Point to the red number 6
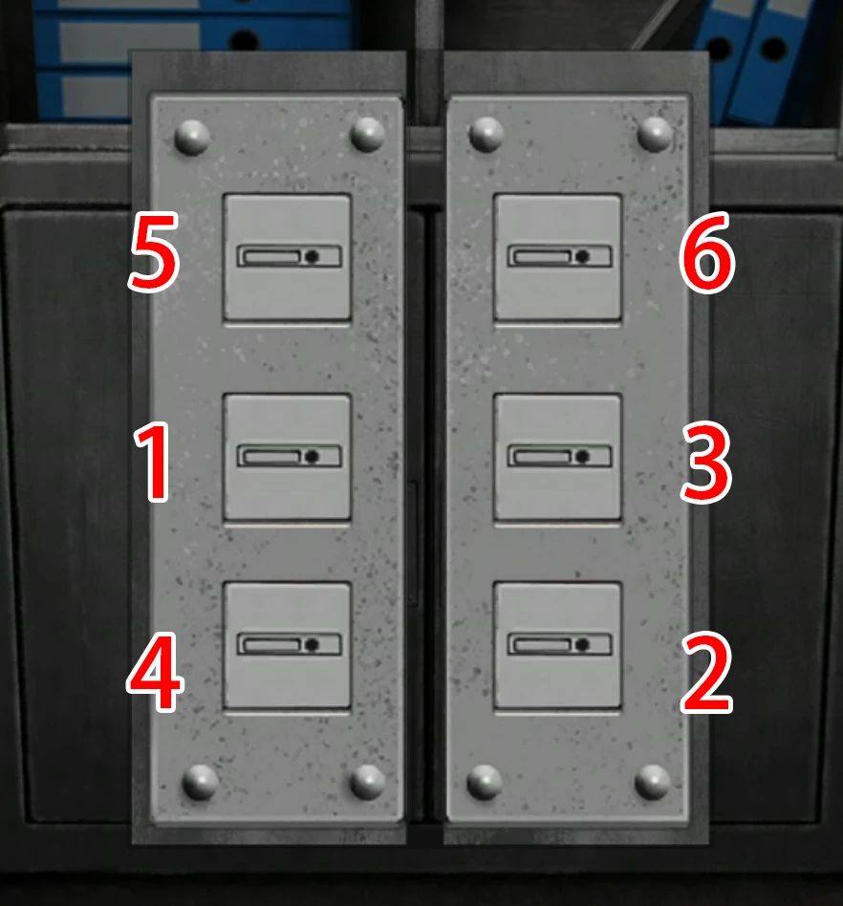pyautogui.click(x=707, y=259)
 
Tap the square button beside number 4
pyautogui.click(x=287, y=646)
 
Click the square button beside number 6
pyautogui.click(x=558, y=257)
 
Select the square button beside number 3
pyautogui.click(x=558, y=458)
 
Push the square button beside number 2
pyautogui.click(x=558, y=646)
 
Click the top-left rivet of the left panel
pyautogui.click(x=192, y=138)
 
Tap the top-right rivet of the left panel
pyautogui.click(x=367, y=135)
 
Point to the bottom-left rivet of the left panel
pyautogui.click(x=200, y=782)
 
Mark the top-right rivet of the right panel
pyautogui.click(x=655, y=134)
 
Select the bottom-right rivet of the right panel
pyautogui.click(x=653, y=781)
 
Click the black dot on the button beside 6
pyautogui.click(x=582, y=256)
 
